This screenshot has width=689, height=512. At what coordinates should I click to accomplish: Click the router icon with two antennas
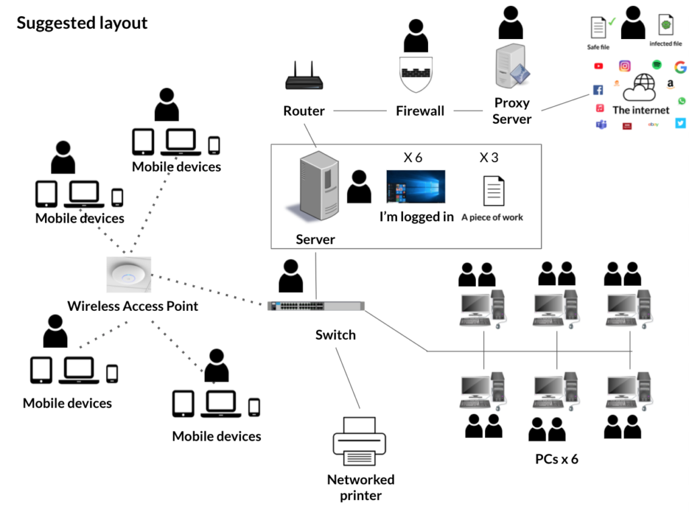point(304,77)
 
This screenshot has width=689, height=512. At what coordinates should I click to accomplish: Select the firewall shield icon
point(416,73)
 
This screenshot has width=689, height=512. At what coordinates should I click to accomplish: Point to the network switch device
point(316,305)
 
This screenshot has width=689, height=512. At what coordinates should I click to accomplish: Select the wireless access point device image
point(129,275)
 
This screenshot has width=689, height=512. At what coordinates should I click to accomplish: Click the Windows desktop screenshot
point(415,186)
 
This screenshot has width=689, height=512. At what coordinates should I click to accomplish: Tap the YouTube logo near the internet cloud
point(599,66)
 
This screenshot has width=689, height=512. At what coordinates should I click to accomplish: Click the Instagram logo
point(625,66)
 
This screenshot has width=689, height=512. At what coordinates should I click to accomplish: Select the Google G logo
point(680,67)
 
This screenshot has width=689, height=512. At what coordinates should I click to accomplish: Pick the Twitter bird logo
point(680,123)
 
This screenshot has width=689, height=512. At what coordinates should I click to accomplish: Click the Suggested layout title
point(82,24)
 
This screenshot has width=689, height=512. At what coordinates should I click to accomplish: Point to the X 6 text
point(412,158)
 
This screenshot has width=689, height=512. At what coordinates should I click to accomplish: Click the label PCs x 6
point(556,460)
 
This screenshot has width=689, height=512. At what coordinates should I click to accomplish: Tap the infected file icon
point(665,26)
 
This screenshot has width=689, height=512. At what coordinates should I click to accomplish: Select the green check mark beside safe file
point(612,22)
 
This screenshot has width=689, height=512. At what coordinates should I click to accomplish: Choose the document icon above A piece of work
point(493,190)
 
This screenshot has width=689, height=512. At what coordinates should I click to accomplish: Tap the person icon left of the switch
point(290,275)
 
